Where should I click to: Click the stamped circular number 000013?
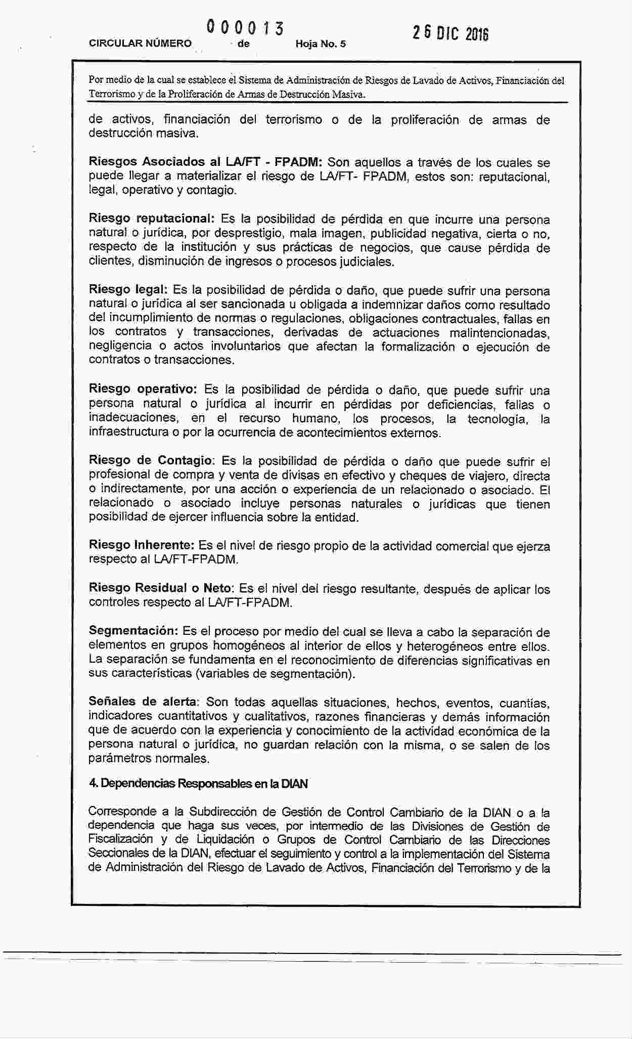coord(244,28)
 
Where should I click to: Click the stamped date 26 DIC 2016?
coord(450,33)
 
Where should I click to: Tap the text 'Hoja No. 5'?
coord(321,44)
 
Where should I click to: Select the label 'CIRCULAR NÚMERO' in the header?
coord(140,44)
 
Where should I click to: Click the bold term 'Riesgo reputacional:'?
coord(152,219)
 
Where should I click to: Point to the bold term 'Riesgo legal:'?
coord(128,290)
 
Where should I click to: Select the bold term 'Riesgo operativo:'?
coord(143,389)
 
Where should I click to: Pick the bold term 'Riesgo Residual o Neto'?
coord(160,588)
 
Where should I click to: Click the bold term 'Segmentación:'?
coord(133,631)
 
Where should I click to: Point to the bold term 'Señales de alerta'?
coord(143,702)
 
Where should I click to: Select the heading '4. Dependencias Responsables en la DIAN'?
coord(198,784)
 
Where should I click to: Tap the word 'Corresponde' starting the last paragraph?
coord(121,811)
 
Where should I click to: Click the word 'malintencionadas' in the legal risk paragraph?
coord(499,333)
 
